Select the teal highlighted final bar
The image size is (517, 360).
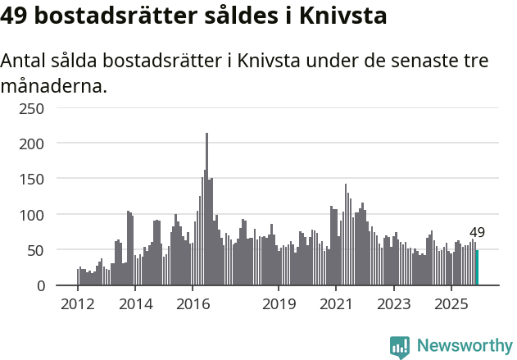click(x=477, y=268)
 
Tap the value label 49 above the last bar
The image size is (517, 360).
click(x=477, y=233)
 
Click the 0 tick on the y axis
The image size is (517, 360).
click(x=40, y=285)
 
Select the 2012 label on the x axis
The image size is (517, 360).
click(x=78, y=304)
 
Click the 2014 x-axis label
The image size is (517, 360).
click(x=135, y=304)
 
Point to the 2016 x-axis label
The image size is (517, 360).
click(x=193, y=304)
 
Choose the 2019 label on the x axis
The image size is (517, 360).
click(x=279, y=304)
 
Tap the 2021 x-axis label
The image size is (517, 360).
click(x=336, y=304)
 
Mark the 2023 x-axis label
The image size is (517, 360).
click(x=393, y=304)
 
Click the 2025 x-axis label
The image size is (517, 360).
click(x=451, y=304)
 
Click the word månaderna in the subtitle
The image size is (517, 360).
click(x=53, y=85)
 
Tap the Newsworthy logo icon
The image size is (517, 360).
click(x=399, y=347)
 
